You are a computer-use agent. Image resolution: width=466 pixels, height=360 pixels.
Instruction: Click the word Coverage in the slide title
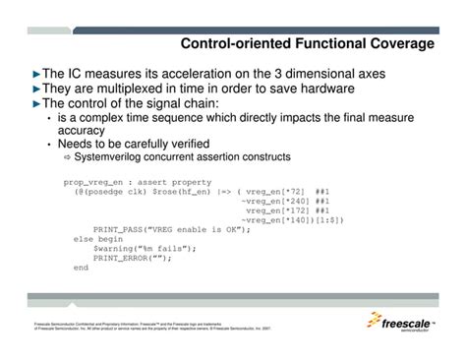tap(398, 44)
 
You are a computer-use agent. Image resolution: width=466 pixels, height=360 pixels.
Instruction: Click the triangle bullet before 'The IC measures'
tap(36, 74)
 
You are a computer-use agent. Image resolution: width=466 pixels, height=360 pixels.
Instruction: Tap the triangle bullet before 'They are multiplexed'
tap(36, 89)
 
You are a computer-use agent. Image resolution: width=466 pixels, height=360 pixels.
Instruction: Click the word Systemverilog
tap(106, 157)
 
